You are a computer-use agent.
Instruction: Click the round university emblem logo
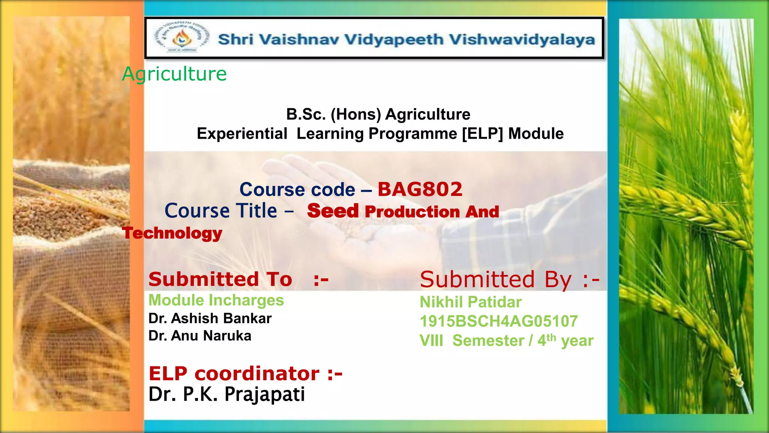click(181, 38)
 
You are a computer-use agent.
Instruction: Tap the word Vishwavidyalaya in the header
click(522, 39)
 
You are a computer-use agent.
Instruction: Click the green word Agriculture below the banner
click(175, 74)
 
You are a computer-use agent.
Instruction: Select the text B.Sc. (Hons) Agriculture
click(378, 114)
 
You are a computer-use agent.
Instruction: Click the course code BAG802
click(420, 189)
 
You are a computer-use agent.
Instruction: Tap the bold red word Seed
click(333, 211)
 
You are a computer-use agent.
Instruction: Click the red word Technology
click(172, 233)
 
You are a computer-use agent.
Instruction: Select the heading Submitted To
click(220, 279)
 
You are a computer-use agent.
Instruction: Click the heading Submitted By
click(496, 280)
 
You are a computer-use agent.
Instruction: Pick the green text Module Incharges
click(216, 300)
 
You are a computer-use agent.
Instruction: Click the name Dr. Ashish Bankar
click(210, 318)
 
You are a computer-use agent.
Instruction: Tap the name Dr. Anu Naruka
click(200, 336)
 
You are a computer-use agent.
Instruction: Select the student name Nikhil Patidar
click(470, 302)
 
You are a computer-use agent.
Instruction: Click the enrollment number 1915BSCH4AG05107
click(499, 321)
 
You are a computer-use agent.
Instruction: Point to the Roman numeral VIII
click(431, 341)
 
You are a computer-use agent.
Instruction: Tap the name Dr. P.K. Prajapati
click(226, 394)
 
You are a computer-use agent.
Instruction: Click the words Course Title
click(221, 210)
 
